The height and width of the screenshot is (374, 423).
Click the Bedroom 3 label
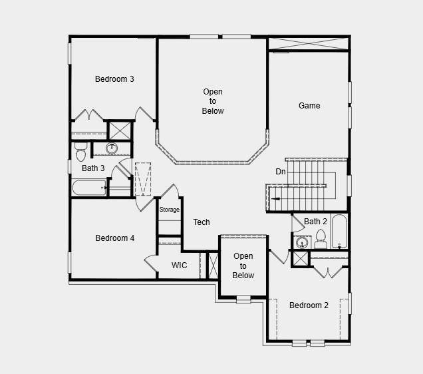tap(114, 79)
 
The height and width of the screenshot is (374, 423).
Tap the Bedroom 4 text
tap(114, 238)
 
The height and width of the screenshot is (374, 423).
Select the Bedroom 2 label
tap(309, 305)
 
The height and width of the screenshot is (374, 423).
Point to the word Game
tap(309, 106)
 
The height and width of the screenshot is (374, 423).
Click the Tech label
tap(202, 222)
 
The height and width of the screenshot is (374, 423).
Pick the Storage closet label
tap(169, 210)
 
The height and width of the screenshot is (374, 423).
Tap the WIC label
tap(179, 266)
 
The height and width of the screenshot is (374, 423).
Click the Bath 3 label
tap(93, 168)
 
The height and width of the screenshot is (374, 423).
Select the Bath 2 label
tap(316, 222)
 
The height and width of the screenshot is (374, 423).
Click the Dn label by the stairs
tap(281, 172)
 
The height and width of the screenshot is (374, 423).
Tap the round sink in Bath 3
tap(112, 148)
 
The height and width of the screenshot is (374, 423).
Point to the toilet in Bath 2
tap(320, 238)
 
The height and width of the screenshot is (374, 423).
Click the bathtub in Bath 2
tap(339, 231)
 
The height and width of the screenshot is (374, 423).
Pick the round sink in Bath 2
tap(299, 242)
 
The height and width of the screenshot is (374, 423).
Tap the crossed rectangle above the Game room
tap(309, 43)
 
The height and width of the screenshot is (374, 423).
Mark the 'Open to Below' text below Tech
tap(243, 266)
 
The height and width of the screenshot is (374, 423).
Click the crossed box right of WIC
tap(213, 265)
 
